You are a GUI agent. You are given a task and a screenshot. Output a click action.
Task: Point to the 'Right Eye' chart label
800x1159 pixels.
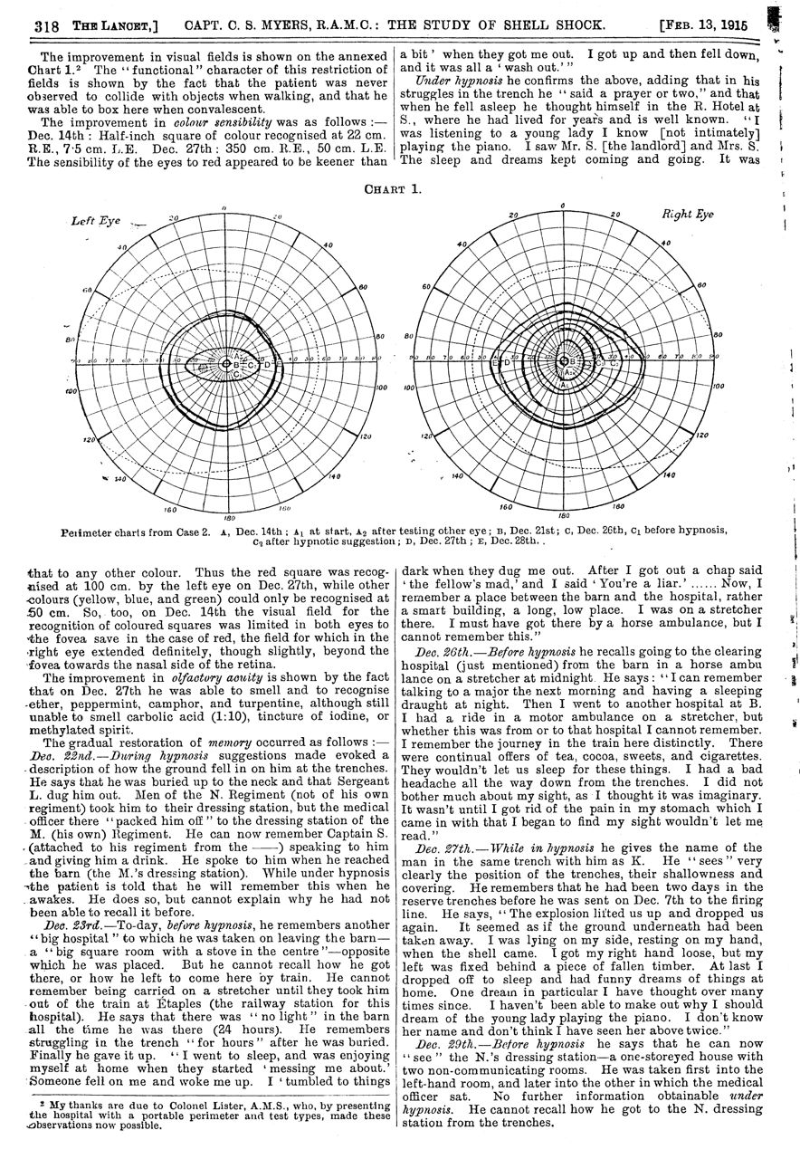pyautogui.click(x=689, y=215)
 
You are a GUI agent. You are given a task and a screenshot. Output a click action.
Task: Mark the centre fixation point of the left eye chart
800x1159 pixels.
pyautogui.click(x=225, y=364)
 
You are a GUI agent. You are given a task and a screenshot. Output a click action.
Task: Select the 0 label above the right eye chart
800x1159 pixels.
pyautogui.click(x=564, y=206)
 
